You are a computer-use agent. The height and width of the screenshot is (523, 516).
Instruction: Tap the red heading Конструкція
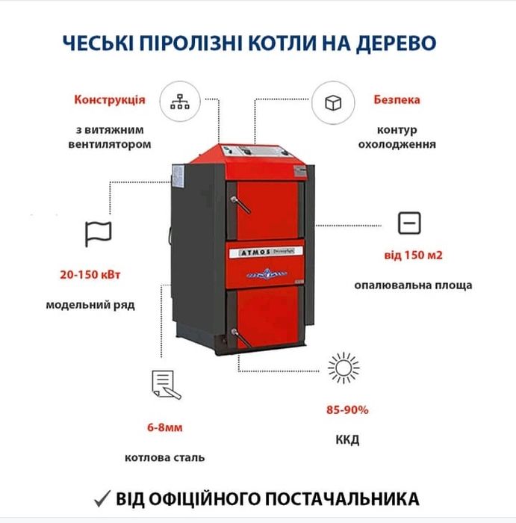[x=109, y=99]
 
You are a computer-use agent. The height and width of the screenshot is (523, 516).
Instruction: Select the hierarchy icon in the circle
[x=180, y=102]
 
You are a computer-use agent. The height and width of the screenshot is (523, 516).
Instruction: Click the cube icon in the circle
[x=332, y=102]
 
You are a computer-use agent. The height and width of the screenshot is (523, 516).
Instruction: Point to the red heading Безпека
[x=397, y=99]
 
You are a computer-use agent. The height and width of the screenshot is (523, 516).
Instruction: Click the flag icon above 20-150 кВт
[x=98, y=233]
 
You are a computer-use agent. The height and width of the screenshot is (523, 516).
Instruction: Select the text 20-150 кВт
[x=90, y=274]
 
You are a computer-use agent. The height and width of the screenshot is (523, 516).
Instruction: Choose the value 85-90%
[x=348, y=409]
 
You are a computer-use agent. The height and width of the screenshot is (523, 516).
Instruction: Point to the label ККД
[x=347, y=439]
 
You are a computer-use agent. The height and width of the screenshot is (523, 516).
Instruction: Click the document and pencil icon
[x=166, y=384]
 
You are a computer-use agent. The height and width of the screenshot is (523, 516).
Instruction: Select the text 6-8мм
[x=164, y=428]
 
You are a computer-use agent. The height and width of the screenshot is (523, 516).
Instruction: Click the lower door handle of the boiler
[x=236, y=334]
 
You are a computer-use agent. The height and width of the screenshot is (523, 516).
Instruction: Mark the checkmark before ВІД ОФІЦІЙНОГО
[x=104, y=498]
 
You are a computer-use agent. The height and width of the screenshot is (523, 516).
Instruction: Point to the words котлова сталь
[x=164, y=457]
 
